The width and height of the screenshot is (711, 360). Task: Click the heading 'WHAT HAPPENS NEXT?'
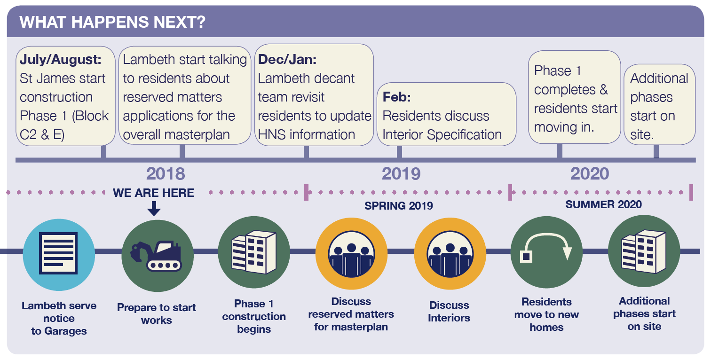[113, 22]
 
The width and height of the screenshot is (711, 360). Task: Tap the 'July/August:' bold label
[61, 60]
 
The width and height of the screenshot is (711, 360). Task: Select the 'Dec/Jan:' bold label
[287, 60]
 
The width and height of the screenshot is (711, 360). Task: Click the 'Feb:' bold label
[396, 97]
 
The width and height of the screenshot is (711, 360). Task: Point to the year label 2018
[166, 174]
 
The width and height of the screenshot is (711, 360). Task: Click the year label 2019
[401, 174]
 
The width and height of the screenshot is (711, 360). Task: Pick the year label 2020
[590, 174]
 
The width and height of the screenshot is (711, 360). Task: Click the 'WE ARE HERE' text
[154, 193]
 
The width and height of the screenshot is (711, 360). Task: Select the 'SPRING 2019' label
[399, 206]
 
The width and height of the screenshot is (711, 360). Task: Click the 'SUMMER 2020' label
[603, 204]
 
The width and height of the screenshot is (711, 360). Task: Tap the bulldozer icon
[157, 254]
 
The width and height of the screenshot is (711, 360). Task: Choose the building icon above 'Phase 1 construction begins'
[254, 252]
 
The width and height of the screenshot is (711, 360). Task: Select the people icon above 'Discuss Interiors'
[450, 254]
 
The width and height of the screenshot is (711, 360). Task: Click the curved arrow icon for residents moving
[546, 252]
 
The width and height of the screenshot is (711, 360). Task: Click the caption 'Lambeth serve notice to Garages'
[59, 318]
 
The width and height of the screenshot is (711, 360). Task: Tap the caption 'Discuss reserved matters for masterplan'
[351, 314]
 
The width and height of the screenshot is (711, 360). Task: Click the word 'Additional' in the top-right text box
[659, 78]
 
